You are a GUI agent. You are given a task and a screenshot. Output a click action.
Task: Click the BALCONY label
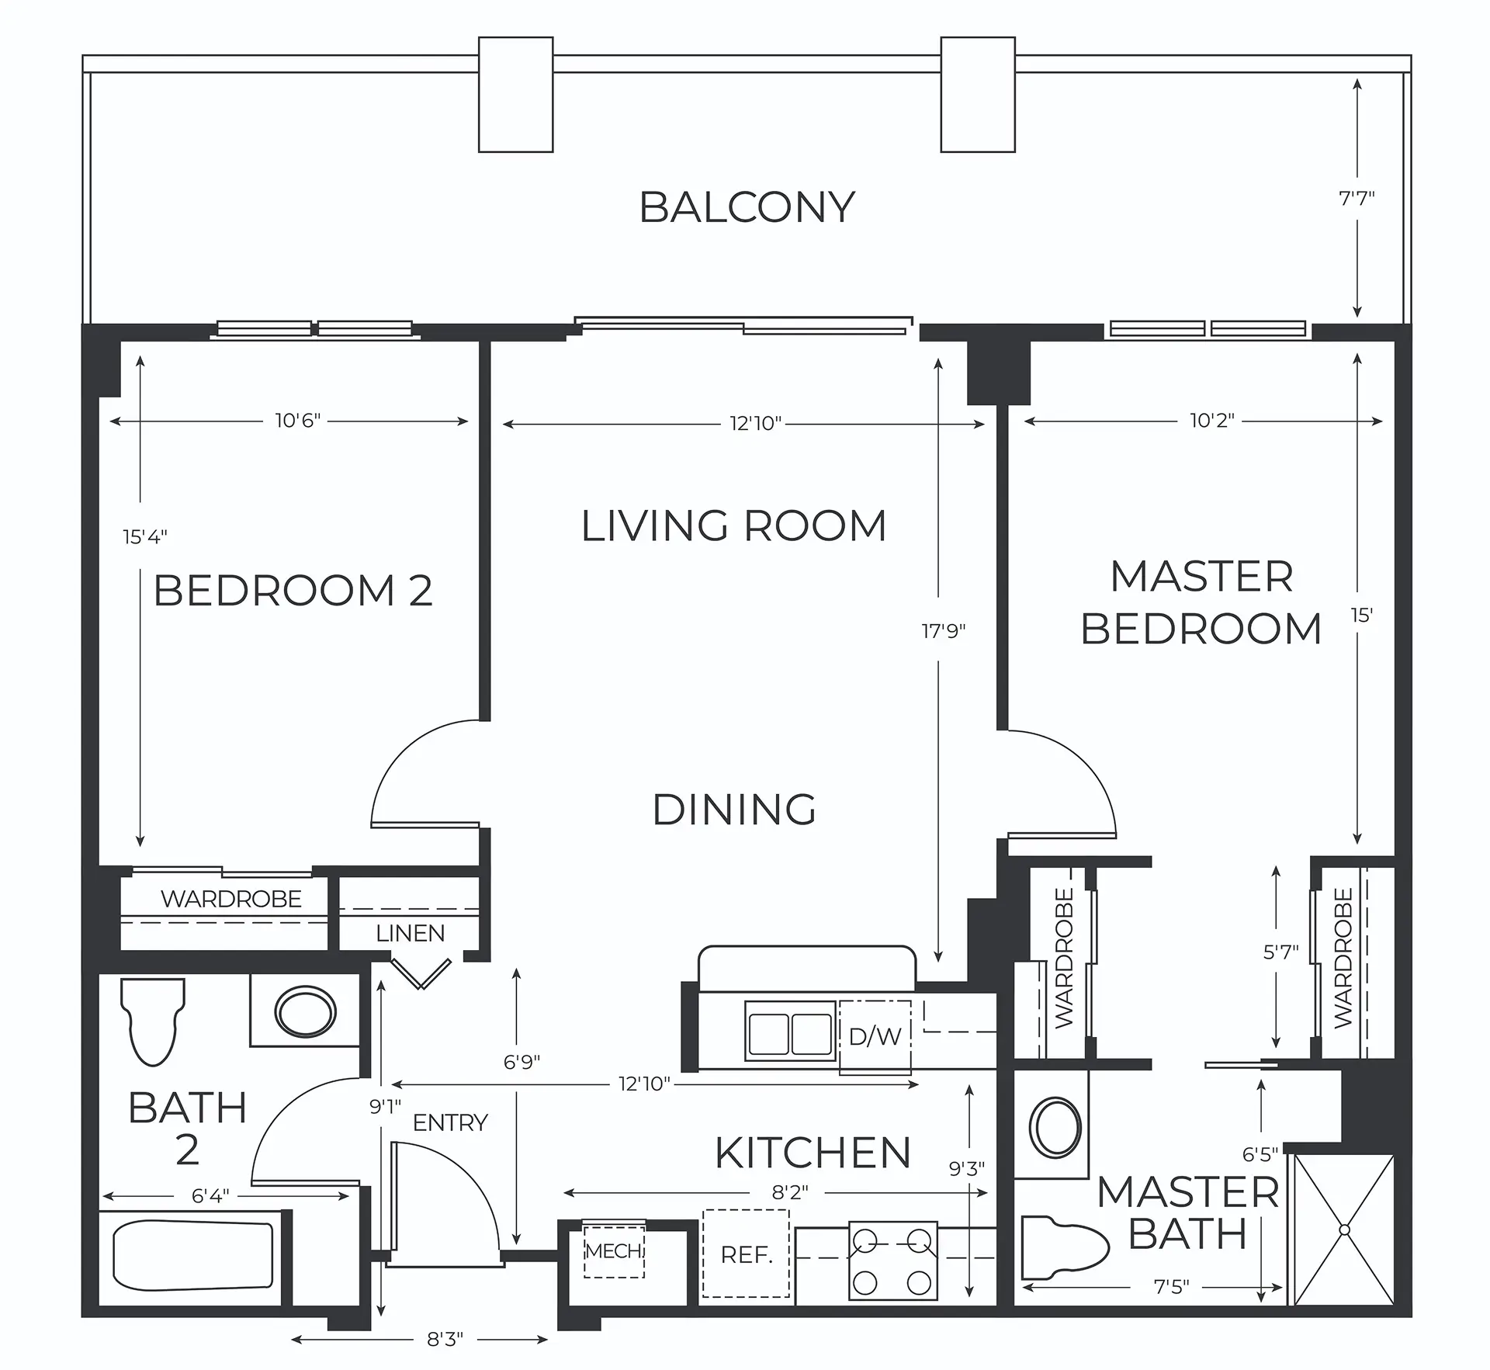[x=747, y=207]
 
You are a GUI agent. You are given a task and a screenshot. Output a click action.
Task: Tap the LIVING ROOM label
[x=733, y=525]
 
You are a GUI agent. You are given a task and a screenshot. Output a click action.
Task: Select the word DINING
[x=734, y=810]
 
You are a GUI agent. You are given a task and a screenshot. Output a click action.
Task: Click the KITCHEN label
[x=813, y=1153]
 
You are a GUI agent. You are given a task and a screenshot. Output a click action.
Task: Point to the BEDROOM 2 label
[x=293, y=591]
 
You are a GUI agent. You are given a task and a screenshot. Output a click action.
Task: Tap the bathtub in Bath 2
[x=193, y=1255]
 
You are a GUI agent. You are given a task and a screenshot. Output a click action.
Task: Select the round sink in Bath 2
[x=305, y=1012]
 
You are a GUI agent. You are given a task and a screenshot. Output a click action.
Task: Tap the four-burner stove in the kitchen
[x=892, y=1261]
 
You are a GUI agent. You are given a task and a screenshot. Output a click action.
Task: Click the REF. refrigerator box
[x=746, y=1254]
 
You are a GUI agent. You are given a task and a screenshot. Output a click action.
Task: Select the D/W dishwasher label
[x=875, y=1036]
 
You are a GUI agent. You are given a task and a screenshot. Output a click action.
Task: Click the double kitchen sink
[x=790, y=1031]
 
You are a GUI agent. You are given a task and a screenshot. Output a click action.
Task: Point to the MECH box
[x=614, y=1251]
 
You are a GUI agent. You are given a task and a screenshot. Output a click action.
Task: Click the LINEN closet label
[x=410, y=933]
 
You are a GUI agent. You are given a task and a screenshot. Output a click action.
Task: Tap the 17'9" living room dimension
[x=944, y=631]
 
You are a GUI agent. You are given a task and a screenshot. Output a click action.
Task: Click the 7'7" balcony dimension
[x=1357, y=198]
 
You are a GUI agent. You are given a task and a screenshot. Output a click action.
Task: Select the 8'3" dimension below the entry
[x=444, y=1339]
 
